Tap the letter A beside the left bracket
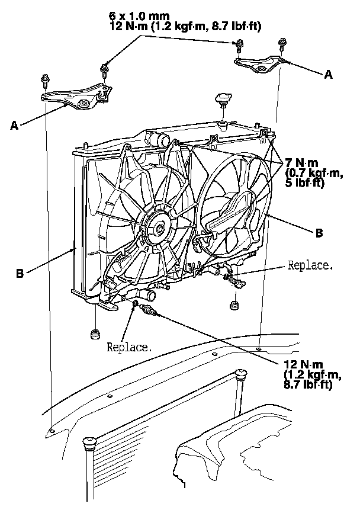pyautogui.click(x=14, y=125)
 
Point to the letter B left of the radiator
pyautogui.click(x=21, y=274)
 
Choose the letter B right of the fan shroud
pyautogui.click(x=319, y=233)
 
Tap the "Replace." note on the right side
pyautogui.click(x=309, y=265)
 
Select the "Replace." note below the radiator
pyautogui.click(x=129, y=347)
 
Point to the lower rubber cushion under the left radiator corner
pyautogui.click(x=94, y=335)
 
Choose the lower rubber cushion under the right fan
pyautogui.click(x=233, y=306)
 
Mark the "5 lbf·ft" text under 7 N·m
pyautogui.click(x=303, y=182)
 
